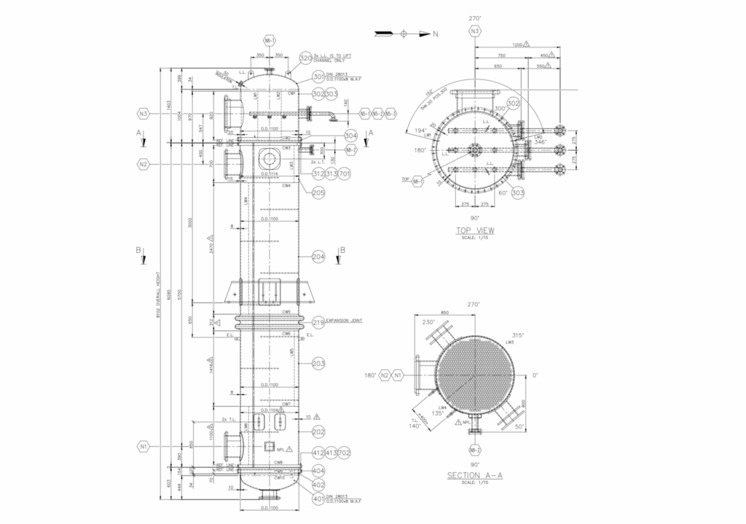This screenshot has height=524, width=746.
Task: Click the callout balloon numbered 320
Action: [306, 59]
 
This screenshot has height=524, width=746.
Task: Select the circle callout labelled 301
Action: [318, 77]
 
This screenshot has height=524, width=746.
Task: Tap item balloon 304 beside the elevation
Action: [350, 135]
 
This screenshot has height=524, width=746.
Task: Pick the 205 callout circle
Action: [318, 193]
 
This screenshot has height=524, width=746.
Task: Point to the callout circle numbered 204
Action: [318, 257]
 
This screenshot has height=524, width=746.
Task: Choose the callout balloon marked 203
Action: [318, 363]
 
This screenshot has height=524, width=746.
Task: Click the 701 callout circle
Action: [345, 174]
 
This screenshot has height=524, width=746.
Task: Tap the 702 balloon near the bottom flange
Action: [345, 453]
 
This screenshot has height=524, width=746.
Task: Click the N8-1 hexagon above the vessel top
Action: [270, 41]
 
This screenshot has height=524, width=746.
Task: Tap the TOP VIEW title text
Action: [475, 230]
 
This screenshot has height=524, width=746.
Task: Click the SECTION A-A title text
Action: [474, 475]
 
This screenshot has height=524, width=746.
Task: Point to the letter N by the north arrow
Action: [436, 34]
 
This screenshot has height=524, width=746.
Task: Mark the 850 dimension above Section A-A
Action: [444, 313]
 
